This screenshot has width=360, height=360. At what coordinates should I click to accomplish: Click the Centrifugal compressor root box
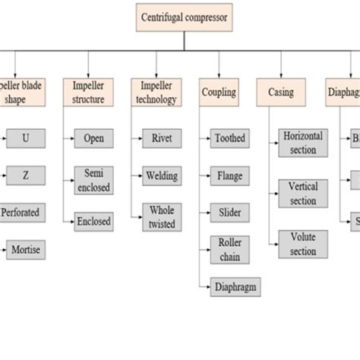coord(183,17)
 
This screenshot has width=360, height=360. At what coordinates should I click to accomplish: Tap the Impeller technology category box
coord(156,92)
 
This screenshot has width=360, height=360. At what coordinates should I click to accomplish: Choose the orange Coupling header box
coord(219,92)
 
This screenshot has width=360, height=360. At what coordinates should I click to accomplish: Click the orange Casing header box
coord(280,92)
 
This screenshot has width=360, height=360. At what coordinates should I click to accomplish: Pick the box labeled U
coord(26,138)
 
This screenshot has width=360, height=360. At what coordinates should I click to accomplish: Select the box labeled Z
coord(26,175)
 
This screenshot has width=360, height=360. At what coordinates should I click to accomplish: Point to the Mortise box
coord(26,249)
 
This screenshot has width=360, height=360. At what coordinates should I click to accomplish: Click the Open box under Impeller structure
coord(94,138)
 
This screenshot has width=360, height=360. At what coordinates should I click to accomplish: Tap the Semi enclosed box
coord(94,180)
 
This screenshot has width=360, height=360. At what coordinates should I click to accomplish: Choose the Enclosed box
coord(94,222)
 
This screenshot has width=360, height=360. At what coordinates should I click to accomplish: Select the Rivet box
coord(161,138)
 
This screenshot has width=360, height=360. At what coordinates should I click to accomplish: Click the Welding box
coord(161,175)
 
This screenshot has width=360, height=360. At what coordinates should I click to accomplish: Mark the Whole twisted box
coord(161,216)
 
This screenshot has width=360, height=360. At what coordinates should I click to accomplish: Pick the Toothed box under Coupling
coord(229,138)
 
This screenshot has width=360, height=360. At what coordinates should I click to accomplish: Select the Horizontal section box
coord(303,143)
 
